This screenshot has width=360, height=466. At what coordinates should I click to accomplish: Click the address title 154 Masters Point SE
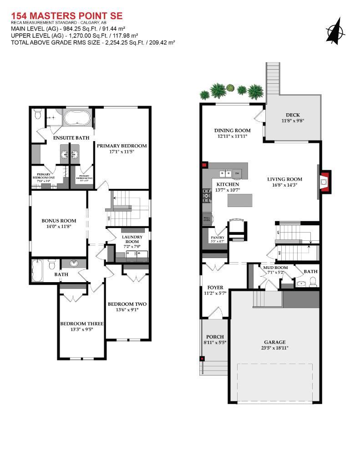pos(66,16)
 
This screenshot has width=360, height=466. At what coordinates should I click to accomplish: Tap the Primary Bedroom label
pos(122,146)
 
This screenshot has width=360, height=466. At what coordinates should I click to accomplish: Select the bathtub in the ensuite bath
pos(77,118)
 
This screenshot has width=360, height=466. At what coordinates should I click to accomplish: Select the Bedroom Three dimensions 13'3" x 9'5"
pos(82,330)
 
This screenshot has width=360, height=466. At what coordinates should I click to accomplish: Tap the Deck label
pos(293,115)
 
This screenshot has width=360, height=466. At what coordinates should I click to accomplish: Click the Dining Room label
pos(233,130)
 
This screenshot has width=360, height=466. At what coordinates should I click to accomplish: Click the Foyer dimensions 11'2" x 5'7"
pos(215,294)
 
